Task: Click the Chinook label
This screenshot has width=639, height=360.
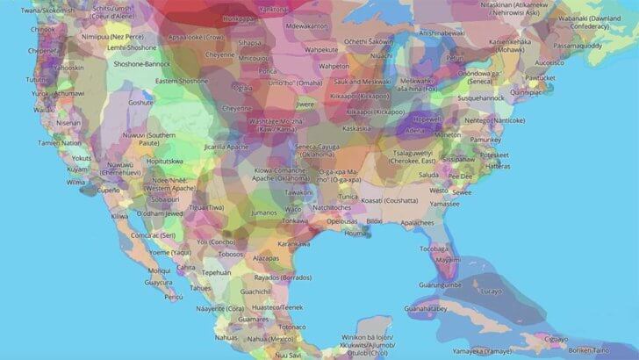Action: (43, 28)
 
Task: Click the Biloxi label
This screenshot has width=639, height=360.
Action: (375, 221)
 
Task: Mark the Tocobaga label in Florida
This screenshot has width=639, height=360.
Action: (434, 248)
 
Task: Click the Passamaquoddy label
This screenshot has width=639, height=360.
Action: (581, 44)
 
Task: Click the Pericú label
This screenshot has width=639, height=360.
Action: (174, 296)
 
